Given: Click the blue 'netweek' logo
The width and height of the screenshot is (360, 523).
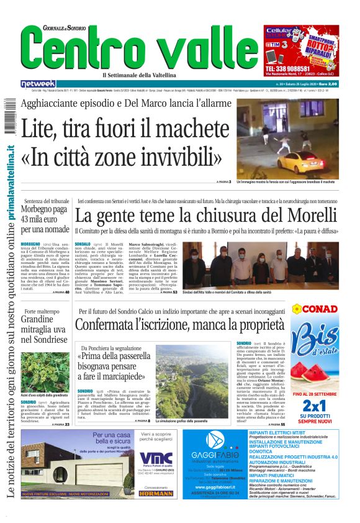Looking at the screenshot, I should [38, 83].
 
